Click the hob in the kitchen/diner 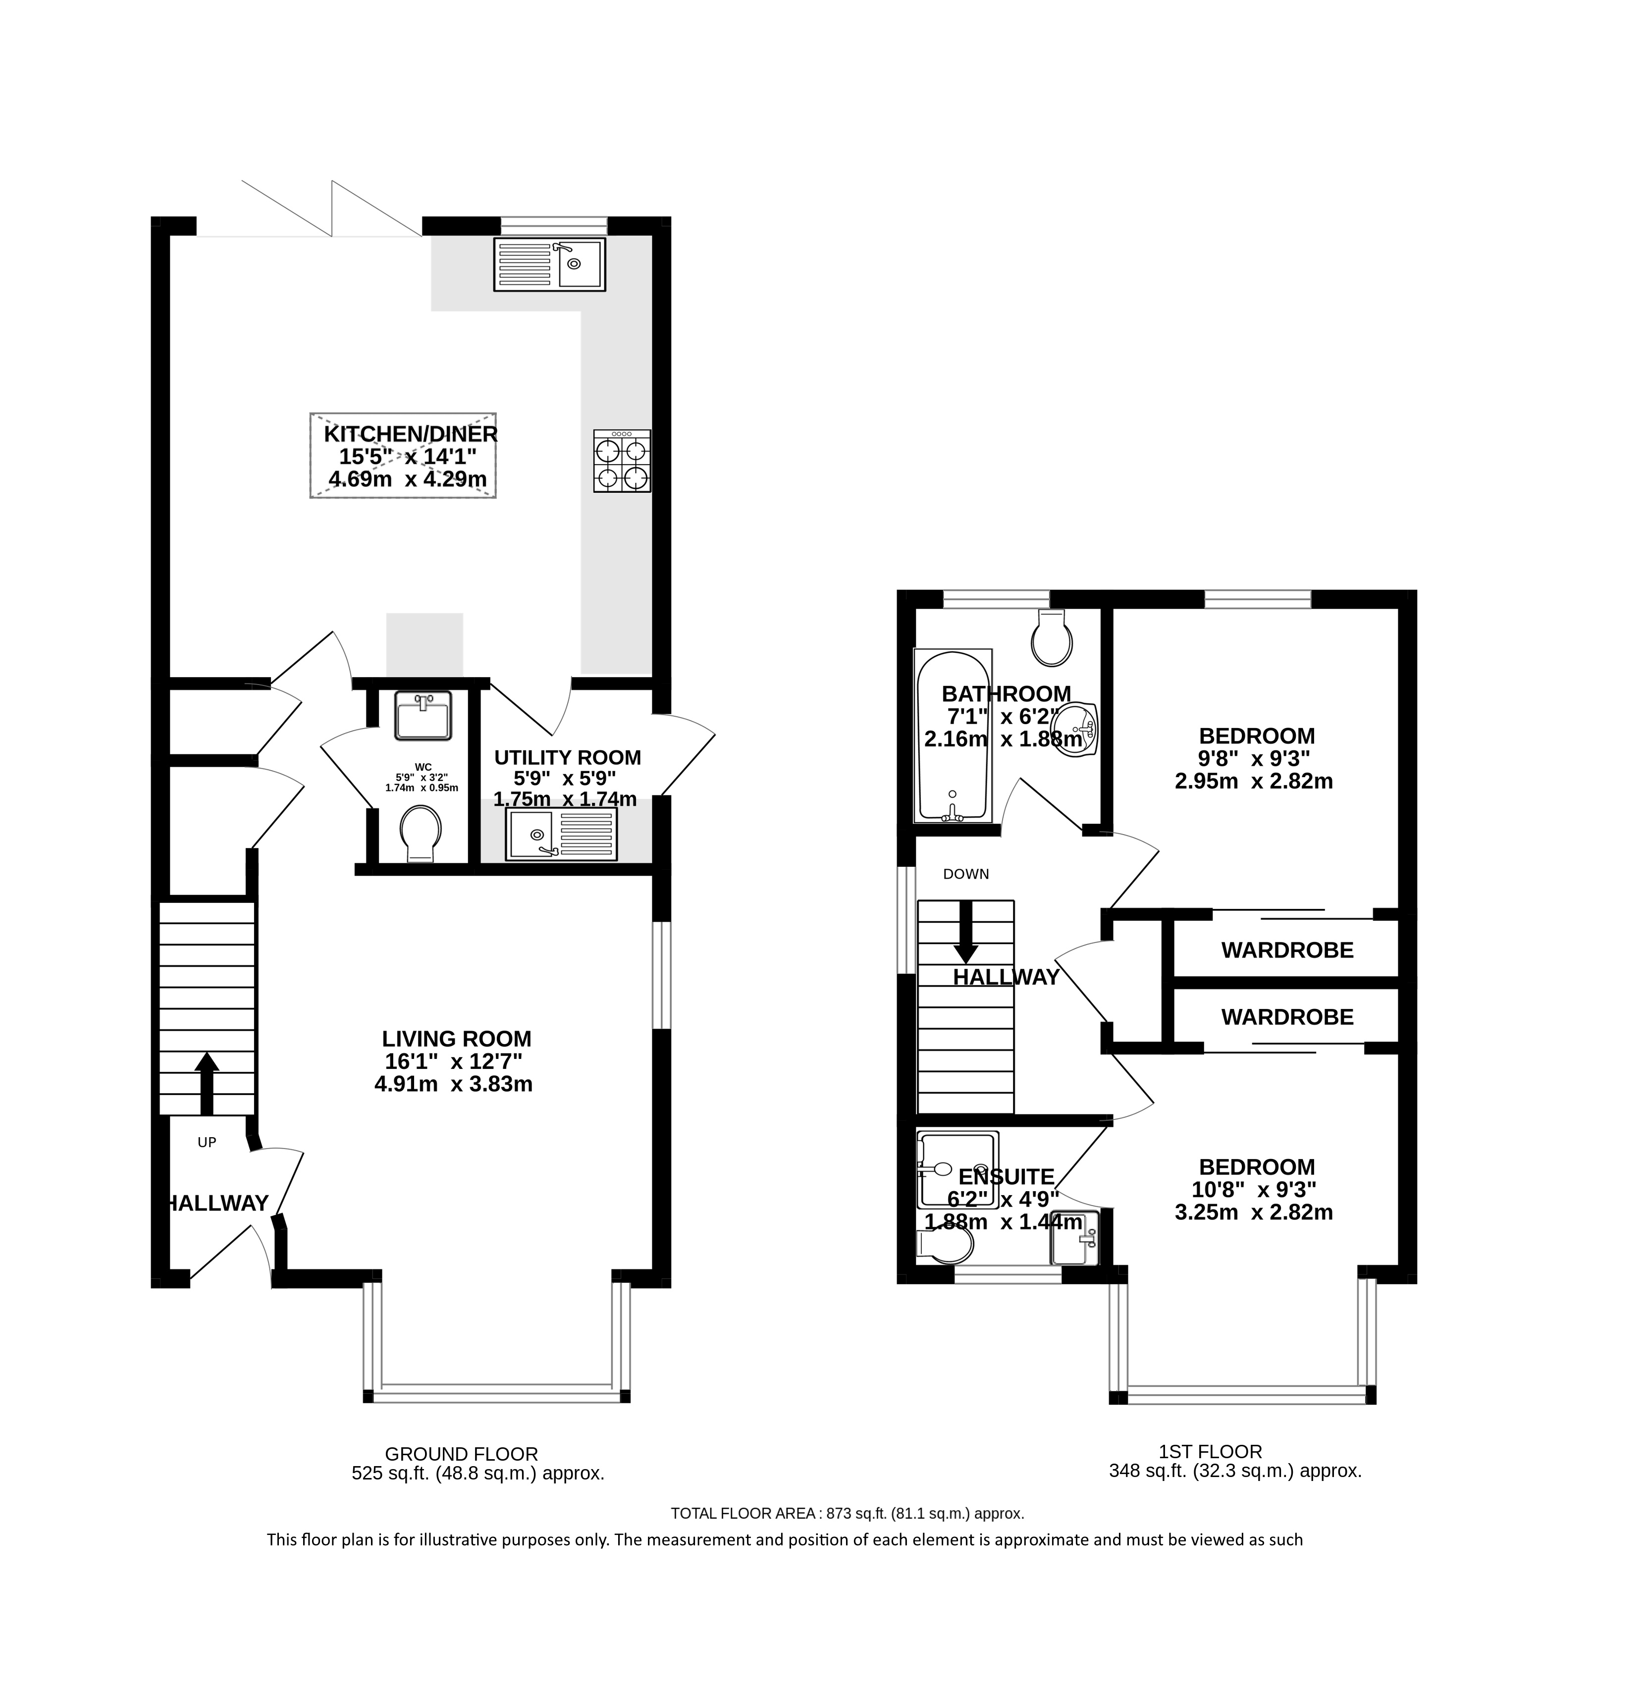(x=622, y=461)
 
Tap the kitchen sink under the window (x=550, y=264)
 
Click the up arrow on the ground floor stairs (x=206, y=1083)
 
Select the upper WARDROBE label (x=1287, y=950)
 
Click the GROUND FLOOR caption (x=461, y=1454)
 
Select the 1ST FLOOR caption (x=1210, y=1451)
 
